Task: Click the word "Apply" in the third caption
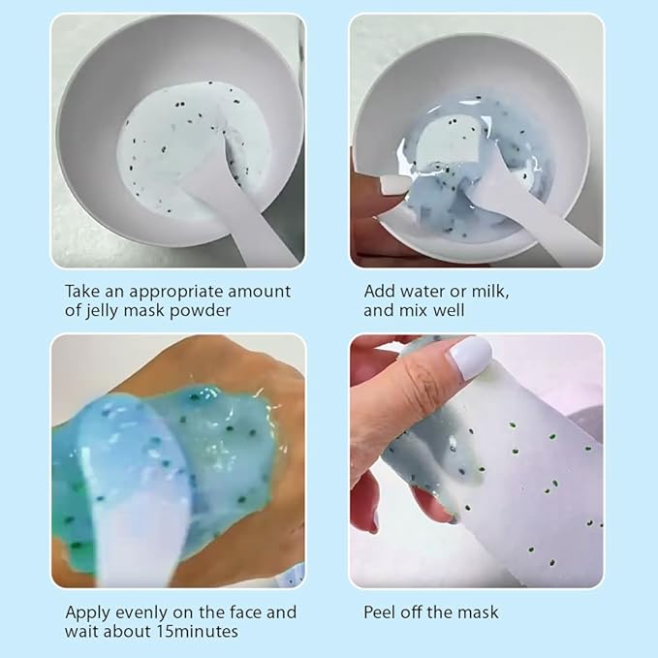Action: click(87, 612)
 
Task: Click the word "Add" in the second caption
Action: click(380, 291)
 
